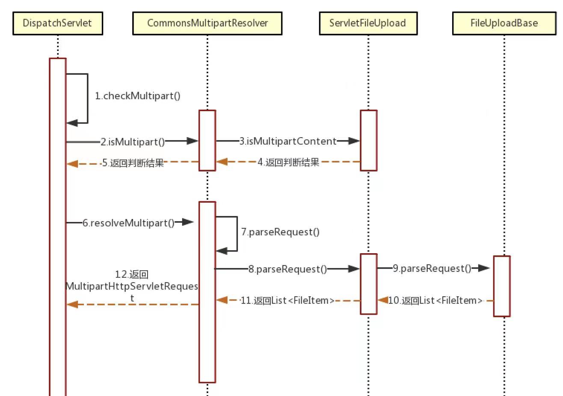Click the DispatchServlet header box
click(57, 23)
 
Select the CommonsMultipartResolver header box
click(207, 23)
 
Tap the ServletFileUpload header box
click(368, 23)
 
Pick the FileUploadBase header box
click(504, 23)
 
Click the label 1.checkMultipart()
click(138, 96)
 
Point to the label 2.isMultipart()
click(133, 142)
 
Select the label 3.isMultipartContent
click(288, 141)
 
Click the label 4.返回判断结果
click(288, 163)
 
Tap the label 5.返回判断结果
click(133, 163)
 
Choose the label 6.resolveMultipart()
click(128, 223)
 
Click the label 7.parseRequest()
click(280, 232)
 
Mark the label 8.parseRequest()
click(288, 269)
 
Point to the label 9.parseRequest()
click(432, 269)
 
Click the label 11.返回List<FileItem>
click(287, 301)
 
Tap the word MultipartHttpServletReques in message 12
click(132, 286)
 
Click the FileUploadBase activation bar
click(501, 286)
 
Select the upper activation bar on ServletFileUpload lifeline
click(368, 140)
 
